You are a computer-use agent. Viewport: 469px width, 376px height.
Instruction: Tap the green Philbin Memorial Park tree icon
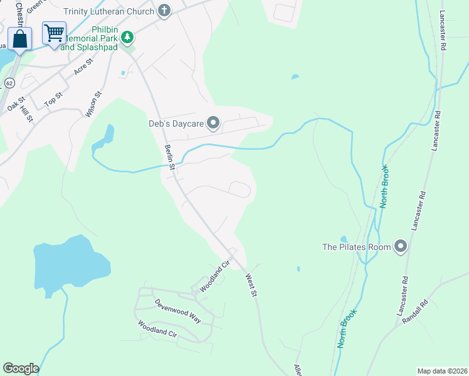pos(127,38)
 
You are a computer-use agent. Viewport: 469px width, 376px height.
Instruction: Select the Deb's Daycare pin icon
pos(213,123)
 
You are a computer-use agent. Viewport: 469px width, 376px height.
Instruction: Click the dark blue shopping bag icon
pos(20,39)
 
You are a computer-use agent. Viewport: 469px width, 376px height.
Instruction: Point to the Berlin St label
pos(169,157)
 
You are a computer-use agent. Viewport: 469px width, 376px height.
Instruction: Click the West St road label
pos(251,285)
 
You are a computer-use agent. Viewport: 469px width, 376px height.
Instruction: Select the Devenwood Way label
pos(178,310)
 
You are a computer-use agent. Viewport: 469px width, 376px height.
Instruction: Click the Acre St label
pos(83,66)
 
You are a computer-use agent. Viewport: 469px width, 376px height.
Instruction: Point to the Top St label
pos(54,99)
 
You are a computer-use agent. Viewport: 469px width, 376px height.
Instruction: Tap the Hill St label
pos(26,115)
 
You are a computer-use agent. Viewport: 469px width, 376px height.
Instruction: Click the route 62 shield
pos(9,83)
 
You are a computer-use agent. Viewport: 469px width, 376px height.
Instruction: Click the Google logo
pos(21,368)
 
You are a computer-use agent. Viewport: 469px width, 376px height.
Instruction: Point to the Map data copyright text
pos(441,371)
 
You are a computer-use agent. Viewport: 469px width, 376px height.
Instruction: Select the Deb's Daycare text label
pos(177,123)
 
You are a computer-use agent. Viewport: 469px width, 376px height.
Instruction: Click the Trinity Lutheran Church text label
pos(108,11)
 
